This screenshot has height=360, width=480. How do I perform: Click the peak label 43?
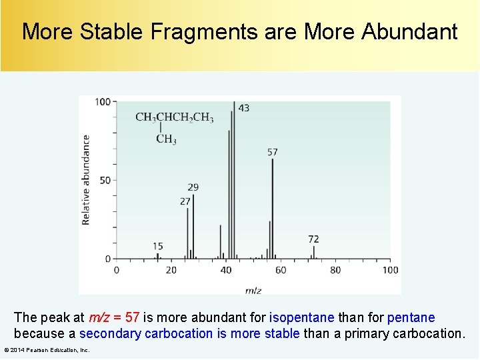(x=244, y=108)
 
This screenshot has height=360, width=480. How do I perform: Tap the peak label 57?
(x=272, y=152)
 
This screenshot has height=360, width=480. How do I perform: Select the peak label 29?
(x=193, y=187)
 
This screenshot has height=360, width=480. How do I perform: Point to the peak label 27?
(x=185, y=201)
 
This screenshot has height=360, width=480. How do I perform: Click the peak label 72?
(x=313, y=239)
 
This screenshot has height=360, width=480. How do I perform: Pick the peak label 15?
(x=157, y=247)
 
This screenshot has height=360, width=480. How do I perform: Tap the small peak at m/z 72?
(x=314, y=252)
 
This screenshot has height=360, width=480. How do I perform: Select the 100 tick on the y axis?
(x=103, y=102)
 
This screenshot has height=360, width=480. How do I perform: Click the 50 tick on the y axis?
(x=105, y=180)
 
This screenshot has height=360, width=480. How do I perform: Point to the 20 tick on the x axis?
(x=171, y=270)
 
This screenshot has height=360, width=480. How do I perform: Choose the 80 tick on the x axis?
(x=335, y=270)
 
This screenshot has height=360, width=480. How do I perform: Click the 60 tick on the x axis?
(x=281, y=270)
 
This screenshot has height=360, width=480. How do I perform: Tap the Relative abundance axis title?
(x=86, y=180)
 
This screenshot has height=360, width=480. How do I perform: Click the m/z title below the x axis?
(x=253, y=290)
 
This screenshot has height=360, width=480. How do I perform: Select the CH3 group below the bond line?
(x=166, y=139)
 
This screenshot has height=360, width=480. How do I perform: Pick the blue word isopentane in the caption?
(x=301, y=317)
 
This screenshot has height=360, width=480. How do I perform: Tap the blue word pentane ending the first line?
(x=411, y=317)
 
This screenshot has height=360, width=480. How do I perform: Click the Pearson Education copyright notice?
(x=47, y=350)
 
